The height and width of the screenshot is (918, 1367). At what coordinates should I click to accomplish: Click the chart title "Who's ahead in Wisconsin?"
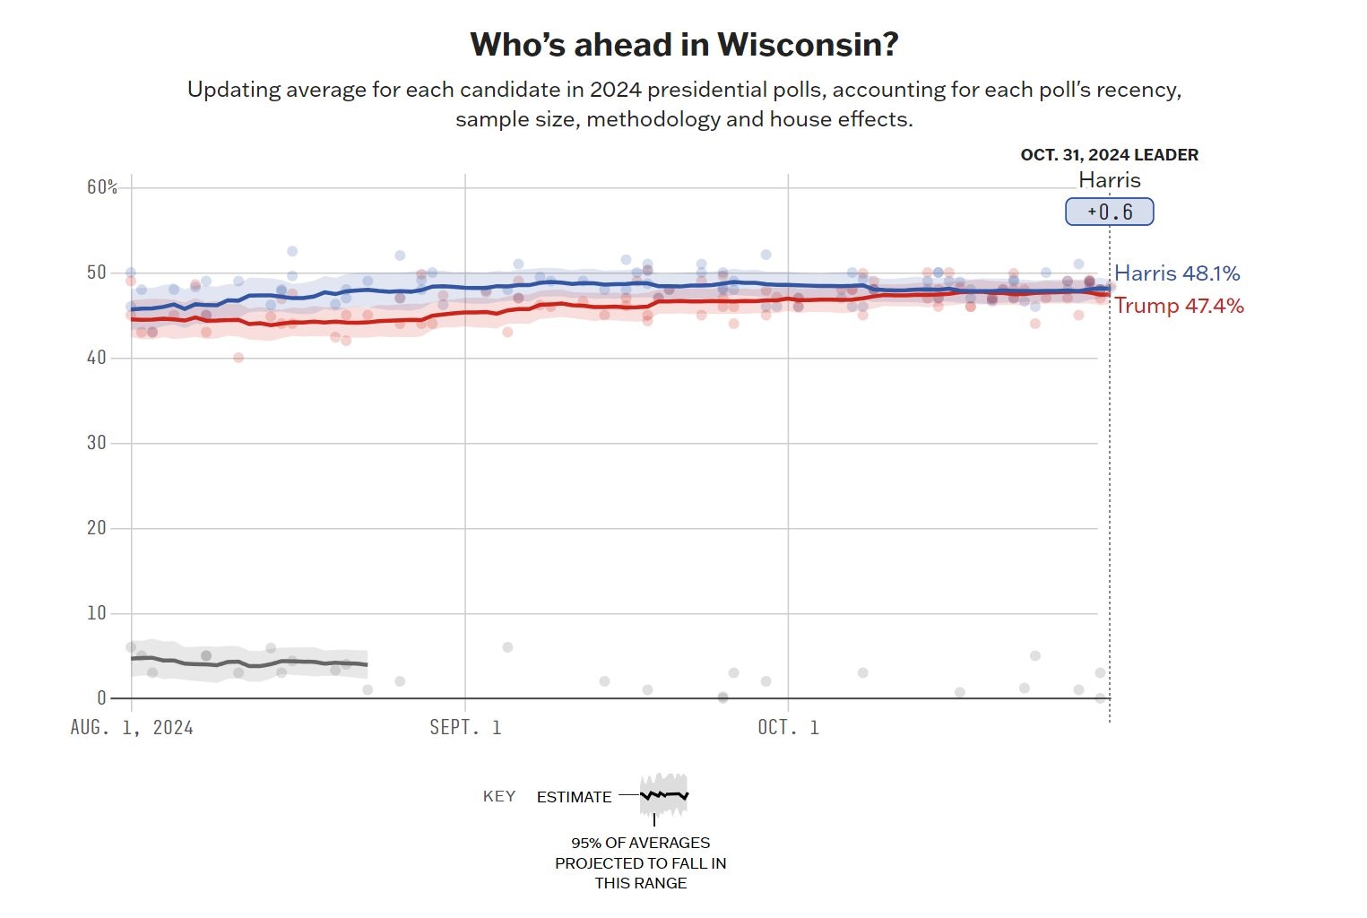click(x=684, y=44)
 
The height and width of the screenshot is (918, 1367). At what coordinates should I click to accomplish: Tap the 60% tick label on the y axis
click(x=102, y=186)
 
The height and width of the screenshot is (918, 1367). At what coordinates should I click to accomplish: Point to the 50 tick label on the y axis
click(x=96, y=272)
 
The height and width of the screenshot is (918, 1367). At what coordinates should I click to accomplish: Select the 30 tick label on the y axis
click(x=96, y=442)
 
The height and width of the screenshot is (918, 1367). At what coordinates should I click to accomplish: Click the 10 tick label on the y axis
click(x=96, y=612)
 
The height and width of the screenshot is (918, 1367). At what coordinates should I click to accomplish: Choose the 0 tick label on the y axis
click(x=101, y=697)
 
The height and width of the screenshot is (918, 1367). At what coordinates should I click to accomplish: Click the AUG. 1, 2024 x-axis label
click(x=132, y=727)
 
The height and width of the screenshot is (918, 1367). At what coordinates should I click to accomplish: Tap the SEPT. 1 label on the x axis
click(x=465, y=727)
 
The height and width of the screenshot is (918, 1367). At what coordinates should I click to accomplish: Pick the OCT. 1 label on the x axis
click(x=788, y=727)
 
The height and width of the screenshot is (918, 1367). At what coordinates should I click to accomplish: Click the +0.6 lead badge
click(x=1109, y=212)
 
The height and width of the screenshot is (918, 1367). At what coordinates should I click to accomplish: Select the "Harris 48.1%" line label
click(x=1177, y=273)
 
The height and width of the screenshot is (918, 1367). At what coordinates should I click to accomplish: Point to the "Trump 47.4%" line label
click(x=1179, y=306)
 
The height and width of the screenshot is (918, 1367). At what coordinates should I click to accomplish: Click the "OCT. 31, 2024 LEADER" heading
click(x=1109, y=155)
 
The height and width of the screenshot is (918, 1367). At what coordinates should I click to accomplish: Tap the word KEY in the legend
click(x=499, y=796)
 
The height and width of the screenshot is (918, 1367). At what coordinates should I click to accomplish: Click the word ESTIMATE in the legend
click(x=574, y=797)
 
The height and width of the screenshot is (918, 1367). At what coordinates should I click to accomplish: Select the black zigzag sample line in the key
click(x=664, y=795)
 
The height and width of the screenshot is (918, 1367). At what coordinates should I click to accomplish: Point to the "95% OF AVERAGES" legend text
click(x=640, y=843)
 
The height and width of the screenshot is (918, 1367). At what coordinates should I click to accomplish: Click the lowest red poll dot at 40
click(x=238, y=358)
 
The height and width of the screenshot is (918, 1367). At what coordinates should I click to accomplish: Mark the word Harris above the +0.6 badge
click(x=1109, y=180)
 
